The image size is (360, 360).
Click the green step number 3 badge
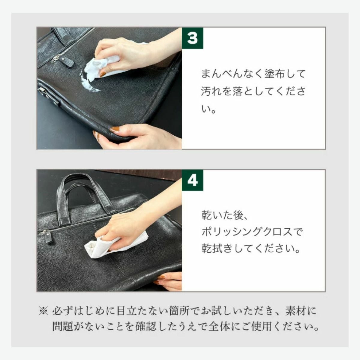(192, 38)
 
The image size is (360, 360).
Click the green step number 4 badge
(192, 181)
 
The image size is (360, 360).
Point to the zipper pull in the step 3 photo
(66, 61)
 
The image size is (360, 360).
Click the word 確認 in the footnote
(145, 326)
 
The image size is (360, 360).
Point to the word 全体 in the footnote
(219, 326)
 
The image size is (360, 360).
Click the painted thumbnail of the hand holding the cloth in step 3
(103, 74)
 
